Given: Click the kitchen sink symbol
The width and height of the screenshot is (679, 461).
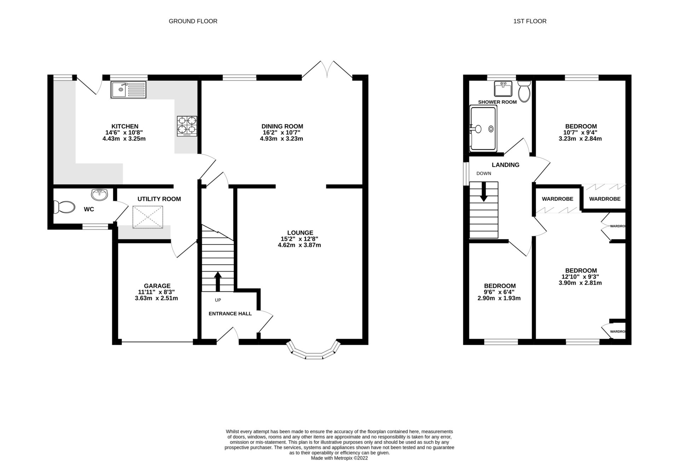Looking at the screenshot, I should click(128, 90).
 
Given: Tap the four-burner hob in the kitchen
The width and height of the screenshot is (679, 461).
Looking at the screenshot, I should click(187, 126).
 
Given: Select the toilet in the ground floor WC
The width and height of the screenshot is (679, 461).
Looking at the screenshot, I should click(64, 207).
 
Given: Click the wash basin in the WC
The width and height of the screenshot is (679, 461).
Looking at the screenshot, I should click(99, 195).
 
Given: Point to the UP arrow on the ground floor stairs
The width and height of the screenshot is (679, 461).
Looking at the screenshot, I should click(218, 281).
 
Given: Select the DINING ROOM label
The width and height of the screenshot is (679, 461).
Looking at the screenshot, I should click(282, 126).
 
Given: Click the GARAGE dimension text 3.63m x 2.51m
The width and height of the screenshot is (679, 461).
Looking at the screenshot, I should click(156, 298).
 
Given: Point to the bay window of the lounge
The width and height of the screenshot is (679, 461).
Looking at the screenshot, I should click(314, 352).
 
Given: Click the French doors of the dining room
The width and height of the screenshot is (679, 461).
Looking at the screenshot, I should click(327, 69).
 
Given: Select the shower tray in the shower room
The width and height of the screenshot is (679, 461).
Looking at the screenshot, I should click(483, 129).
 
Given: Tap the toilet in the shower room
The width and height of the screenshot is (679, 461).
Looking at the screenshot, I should click(523, 92).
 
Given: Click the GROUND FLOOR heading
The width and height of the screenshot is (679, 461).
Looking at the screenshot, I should click(193, 21).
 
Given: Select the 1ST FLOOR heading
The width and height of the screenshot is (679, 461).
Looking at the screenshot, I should click(530, 21).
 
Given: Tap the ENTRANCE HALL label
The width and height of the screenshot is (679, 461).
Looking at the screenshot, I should click(230, 313).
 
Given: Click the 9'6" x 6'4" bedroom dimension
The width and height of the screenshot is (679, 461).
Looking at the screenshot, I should click(499, 292).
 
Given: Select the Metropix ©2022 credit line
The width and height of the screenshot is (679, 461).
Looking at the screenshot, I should click(339, 458).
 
